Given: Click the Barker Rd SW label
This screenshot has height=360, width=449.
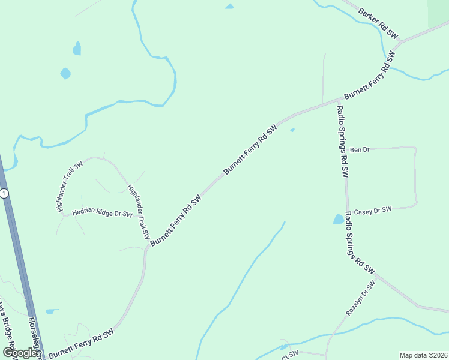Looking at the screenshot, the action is [x=378, y=23].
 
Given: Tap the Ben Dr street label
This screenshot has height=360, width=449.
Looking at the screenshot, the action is [x=359, y=149].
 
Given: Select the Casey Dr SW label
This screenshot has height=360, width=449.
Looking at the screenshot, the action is [x=372, y=211].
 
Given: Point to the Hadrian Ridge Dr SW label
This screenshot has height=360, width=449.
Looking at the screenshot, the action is [x=102, y=213].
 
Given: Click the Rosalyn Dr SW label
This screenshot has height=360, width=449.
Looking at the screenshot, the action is [x=360, y=298].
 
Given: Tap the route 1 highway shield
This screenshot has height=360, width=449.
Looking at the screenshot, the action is [x=4, y=193].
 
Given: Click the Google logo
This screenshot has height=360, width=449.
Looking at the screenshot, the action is [x=20, y=352].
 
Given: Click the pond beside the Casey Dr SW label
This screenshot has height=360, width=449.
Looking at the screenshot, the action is [x=339, y=219].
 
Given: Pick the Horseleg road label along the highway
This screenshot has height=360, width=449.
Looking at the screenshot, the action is [x=34, y=336].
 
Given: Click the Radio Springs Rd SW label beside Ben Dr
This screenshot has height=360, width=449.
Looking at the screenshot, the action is [x=342, y=142].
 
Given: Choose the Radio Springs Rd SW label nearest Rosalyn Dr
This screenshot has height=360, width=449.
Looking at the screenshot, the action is [x=359, y=245].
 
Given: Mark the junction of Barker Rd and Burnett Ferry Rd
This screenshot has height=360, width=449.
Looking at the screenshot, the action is [x=399, y=44].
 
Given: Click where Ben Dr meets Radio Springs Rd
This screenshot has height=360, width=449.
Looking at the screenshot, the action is [x=344, y=149].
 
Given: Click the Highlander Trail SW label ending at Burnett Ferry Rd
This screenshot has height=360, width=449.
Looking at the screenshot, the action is [x=139, y=212].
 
